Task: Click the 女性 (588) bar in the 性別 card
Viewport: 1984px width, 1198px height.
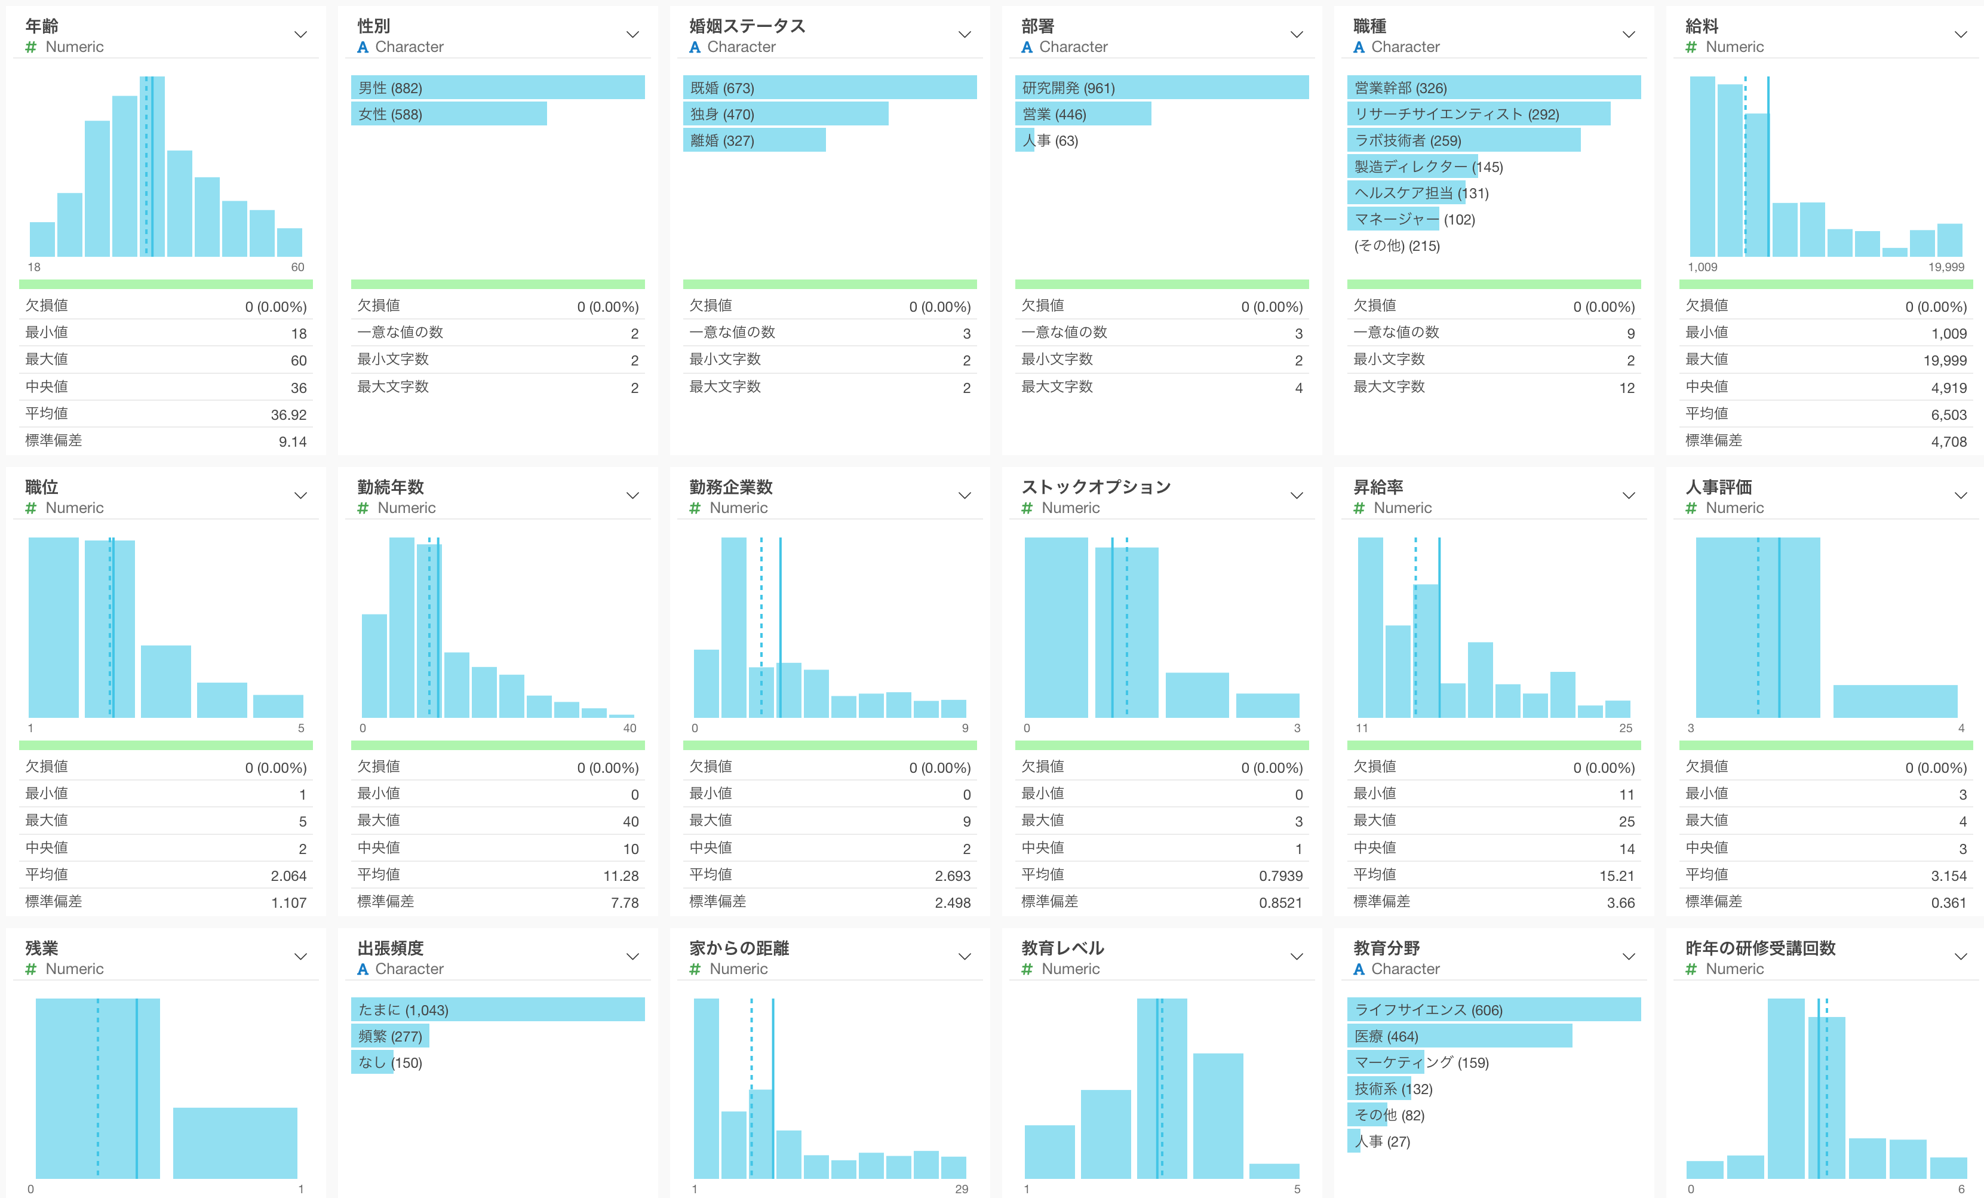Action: [x=449, y=114]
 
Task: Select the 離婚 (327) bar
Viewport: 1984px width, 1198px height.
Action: [x=754, y=141]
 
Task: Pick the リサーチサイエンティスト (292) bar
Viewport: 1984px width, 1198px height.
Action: [x=1478, y=114]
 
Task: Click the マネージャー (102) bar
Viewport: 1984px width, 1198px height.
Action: [x=1393, y=219]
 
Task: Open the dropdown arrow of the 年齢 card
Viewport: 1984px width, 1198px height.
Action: [x=300, y=35]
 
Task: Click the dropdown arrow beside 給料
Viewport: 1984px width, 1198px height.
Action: [x=1961, y=35]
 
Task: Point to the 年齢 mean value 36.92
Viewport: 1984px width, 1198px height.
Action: [x=288, y=414]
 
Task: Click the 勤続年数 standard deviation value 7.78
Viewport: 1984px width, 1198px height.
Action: [x=625, y=902]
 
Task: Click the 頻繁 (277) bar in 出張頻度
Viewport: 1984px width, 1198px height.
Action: [x=390, y=1036]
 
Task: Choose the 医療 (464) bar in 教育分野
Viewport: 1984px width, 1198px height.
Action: [x=1459, y=1036]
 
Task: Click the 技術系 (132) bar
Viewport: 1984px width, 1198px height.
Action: [x=1378, y=1089]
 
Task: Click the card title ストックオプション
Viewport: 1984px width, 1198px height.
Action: [x=1096, y=487]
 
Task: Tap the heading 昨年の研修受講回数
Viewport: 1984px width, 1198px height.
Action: [x=1760, y=948]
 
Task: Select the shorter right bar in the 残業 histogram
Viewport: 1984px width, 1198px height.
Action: [x=235, y=1143]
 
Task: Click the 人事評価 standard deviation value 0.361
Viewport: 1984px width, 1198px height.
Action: [x=1949, y=902]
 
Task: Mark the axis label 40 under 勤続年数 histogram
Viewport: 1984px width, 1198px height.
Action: [x=629, y=729]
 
